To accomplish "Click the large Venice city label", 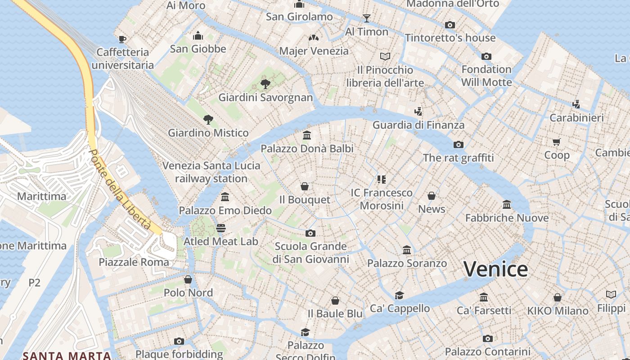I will tap(495, 270).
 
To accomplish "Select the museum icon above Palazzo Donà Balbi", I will tap(307, 135).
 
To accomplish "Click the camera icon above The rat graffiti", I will tap(459, 144).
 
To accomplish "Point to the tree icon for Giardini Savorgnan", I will tap(265, 84).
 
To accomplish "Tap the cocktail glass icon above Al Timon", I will tap(367, 18).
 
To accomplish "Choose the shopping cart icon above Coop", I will tap(557, 142).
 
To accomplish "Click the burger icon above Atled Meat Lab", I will tap(220, 228).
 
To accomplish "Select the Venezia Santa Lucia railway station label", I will tap(211, 172).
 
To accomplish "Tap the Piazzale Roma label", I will tap(134, 262).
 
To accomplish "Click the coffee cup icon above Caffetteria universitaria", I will tap(122, 39).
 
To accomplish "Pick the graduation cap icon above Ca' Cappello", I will tap(399, 295).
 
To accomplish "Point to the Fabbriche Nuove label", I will tap(507, 218).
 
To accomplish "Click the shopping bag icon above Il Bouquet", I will tap(305, 186).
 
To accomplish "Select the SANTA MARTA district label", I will tap(67, 355).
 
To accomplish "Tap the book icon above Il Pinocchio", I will tap(385, 57).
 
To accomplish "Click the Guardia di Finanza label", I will tap(418, 125).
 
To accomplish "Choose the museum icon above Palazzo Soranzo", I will tap(407, 250).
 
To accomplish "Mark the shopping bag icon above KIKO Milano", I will tap(558, 297).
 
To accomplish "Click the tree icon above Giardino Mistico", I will tap(208, 120).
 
